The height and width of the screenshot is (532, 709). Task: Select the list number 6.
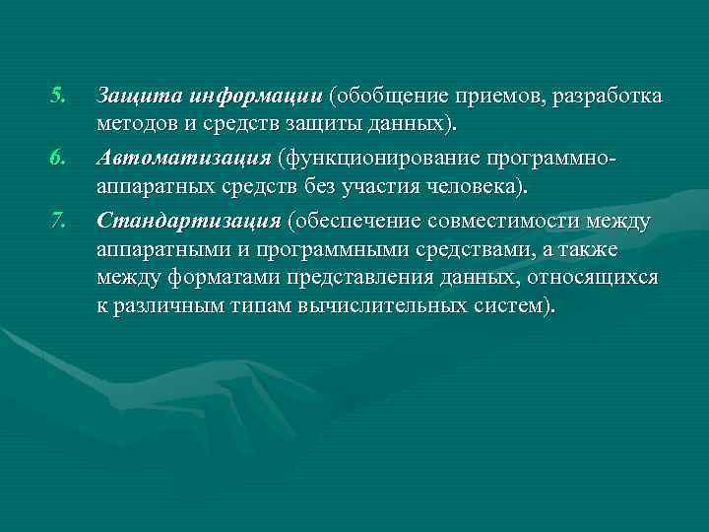(x=57, y=157)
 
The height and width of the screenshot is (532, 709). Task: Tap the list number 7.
(x=57, y=217)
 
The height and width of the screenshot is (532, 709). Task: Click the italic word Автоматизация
(x=184, y=158)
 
